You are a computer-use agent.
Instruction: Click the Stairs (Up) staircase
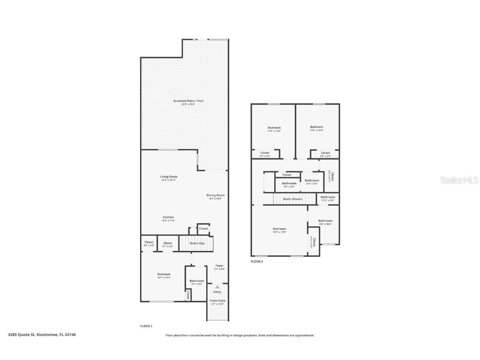(196, 243)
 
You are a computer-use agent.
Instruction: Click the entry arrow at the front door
(217, 287)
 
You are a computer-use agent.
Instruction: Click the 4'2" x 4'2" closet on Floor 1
(149, 244)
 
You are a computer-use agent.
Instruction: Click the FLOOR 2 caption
(257, 262)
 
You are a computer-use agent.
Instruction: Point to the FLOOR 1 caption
(146, 326)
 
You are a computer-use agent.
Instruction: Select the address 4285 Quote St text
(42, 334)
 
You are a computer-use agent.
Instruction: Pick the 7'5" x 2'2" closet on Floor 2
(265, 154)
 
